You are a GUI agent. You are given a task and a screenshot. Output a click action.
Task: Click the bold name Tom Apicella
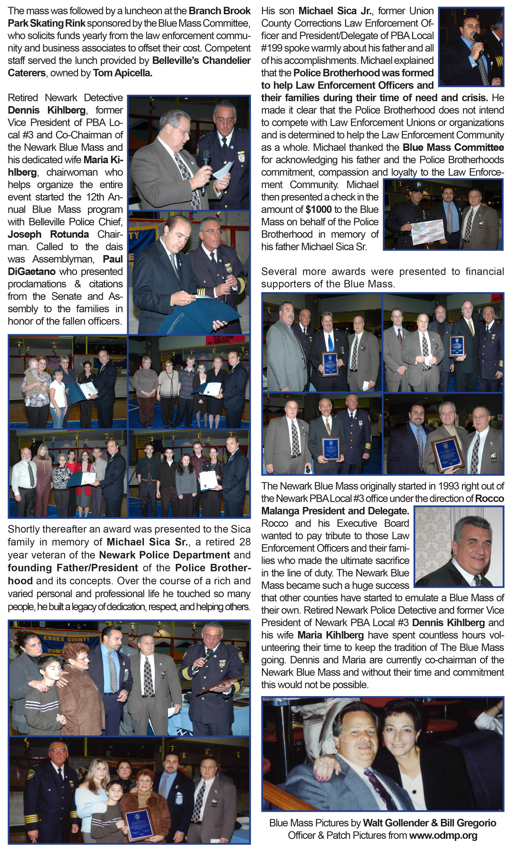coord(123,73)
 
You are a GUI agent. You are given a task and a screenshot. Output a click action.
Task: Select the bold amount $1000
coord(318,209)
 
